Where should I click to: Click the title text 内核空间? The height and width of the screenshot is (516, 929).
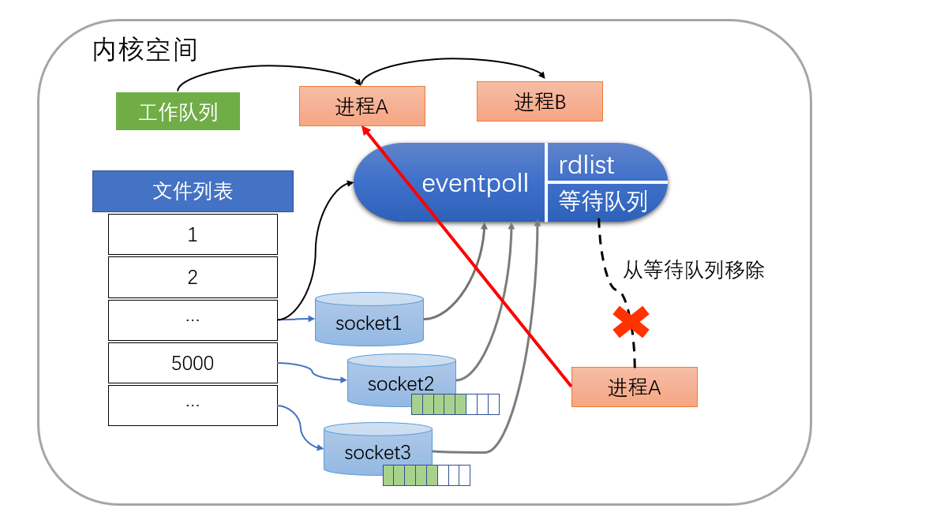coord(144,50)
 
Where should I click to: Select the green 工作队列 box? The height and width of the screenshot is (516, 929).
coord(178,111)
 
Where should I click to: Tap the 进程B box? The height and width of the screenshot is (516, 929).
coord(540,102)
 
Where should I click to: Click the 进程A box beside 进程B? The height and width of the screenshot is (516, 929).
coord(362,107)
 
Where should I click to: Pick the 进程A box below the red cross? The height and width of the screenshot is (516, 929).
coord(635,387)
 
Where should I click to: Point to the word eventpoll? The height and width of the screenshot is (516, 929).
coord(475,183)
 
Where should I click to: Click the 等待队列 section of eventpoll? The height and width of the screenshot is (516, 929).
coord(603,201)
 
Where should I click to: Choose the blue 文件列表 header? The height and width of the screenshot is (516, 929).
coord(193,191)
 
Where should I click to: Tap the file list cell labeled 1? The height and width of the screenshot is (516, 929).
coord(193,234)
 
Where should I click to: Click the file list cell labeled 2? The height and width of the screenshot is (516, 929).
coord(193,277)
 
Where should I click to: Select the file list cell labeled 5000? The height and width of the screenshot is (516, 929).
coord(193,363)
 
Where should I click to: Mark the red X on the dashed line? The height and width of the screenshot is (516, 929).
coord(631,322)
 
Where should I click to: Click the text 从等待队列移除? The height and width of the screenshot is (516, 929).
coord(694,271)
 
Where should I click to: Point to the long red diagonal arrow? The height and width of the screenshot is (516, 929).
coord(470,260)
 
